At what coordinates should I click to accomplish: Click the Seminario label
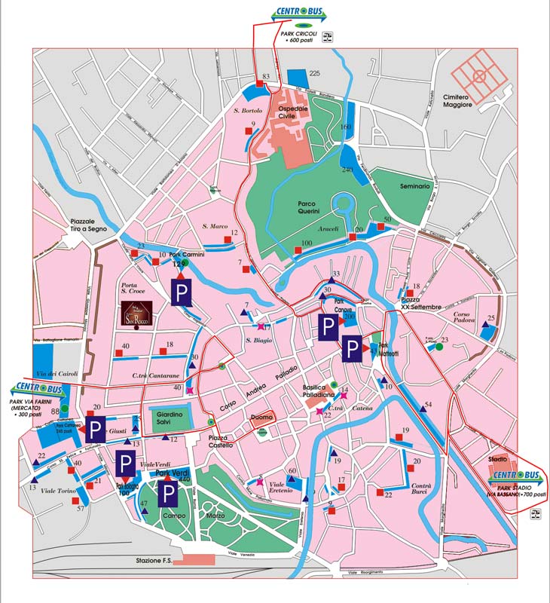(x=414, y=185)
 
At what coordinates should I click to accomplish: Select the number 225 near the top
(x=315, y=72)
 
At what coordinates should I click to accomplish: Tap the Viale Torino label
(x=58, y=491)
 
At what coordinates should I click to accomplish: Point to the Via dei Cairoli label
(x=58, y=373)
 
